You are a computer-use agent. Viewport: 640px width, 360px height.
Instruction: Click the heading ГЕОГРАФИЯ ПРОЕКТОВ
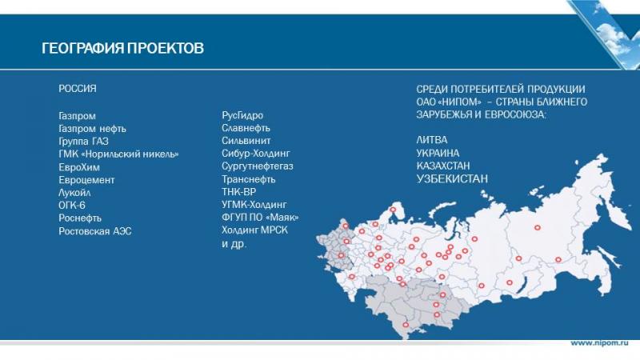(x=122, y=48)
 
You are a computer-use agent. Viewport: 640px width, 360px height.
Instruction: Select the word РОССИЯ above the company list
(x=78, y=89)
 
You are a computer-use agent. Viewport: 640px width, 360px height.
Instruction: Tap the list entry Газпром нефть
(x=92, y=129)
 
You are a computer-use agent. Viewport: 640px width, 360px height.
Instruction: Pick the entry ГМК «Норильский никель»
(x=118, y=154)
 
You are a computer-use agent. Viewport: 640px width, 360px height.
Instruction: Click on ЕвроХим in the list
(x=79, y=167)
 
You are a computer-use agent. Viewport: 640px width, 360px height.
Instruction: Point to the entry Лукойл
(x=74, y=193)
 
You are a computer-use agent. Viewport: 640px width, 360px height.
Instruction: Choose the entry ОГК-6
(x=72, y=206)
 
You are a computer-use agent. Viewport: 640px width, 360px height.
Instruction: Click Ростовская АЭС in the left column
(x=95, y=231)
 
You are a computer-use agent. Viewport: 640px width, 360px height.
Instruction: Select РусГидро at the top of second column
(x=242, y=115)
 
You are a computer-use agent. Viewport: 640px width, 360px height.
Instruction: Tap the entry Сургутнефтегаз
(x=258, y=166)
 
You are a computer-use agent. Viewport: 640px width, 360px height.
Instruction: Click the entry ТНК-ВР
(x=238, y=192)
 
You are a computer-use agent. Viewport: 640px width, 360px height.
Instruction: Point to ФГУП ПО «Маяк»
(x=260, y=217)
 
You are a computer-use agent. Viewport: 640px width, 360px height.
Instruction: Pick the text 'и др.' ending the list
(x=234, y=244)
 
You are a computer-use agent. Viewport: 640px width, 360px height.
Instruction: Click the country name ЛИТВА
(x=432, y=140)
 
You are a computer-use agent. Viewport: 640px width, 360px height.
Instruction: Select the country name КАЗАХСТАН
(x=443, y=166)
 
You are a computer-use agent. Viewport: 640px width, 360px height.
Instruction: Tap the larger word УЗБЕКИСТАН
(x=452, y=178)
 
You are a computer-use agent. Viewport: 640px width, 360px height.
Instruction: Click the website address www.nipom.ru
(x=599, y=343)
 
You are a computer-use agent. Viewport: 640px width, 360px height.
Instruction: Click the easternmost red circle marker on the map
(x=558, y=259)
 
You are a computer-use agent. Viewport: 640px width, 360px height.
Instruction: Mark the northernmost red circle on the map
(x=393, y=210)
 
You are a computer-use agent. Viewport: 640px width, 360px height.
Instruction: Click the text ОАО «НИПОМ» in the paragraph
(x=449, y=102)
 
